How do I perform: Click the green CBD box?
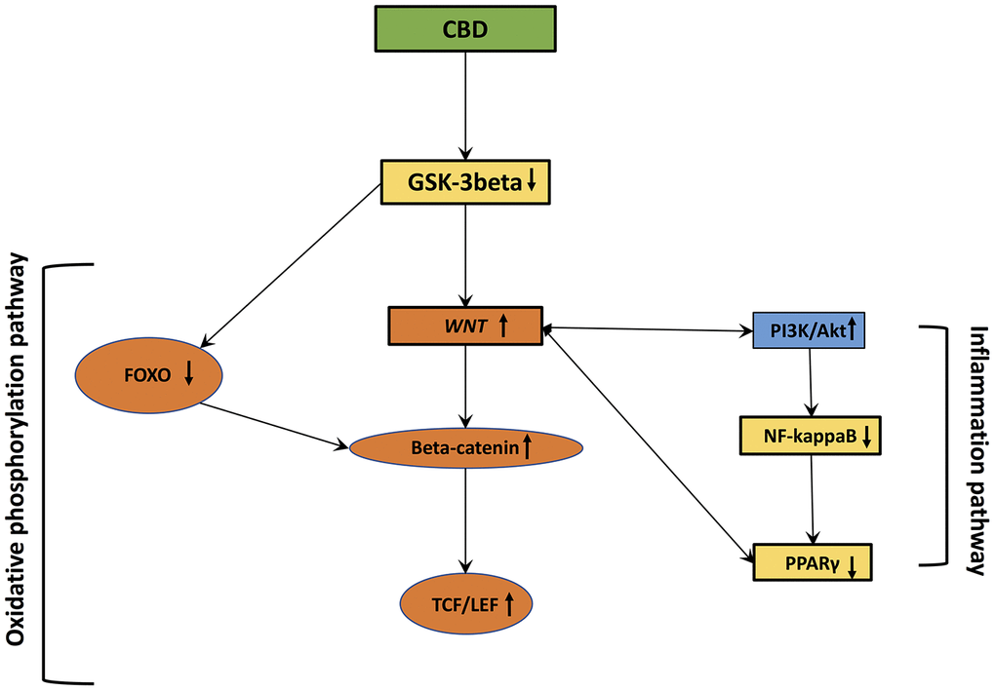pos(466,30)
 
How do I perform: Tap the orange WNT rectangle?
pos(465,326)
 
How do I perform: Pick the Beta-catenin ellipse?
pos(466,447)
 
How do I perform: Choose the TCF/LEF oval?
pos(466,605)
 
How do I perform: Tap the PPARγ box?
pos(812,563)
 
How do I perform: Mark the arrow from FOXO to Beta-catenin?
pos(275,425)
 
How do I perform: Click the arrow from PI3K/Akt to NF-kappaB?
pos(810,382)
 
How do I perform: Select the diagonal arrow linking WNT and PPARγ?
pos(648,444)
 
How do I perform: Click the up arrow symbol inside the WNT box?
pos(503,326)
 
